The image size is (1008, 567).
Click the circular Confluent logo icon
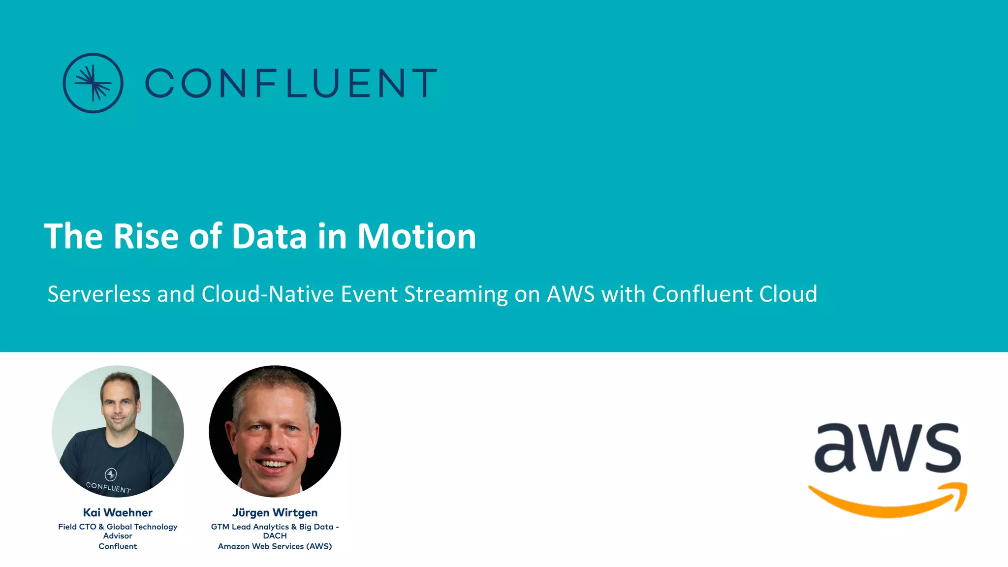point(93,83)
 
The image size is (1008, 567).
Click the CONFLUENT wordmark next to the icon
point(291,83)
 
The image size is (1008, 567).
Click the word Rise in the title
point(146,237)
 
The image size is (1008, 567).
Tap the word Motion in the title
point(416,237)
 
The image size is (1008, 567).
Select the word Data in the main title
point(269,237)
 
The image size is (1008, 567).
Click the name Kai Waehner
point(118,512)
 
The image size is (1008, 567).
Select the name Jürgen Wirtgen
point(275,512)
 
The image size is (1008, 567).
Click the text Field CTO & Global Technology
point(118,527)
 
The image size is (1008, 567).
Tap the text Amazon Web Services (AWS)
point(275,546)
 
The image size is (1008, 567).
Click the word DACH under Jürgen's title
point(275,536)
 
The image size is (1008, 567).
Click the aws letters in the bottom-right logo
point(887,448)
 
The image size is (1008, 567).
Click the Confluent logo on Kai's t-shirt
point(111,474)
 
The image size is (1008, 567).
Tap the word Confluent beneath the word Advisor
point(118,546)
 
